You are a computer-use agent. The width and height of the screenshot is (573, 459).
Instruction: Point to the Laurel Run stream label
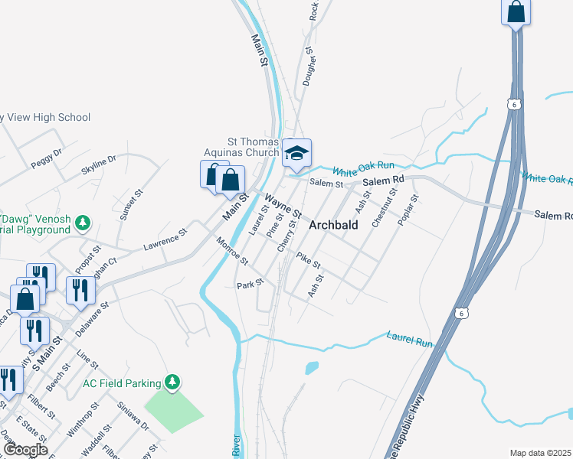pyautogui.click(x=409, y=339)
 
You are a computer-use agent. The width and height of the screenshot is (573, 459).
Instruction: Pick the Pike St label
pyautogui.click(x=308, y=261)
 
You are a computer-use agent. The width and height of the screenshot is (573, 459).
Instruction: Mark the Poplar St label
pyautogui.click(x=408, y=210)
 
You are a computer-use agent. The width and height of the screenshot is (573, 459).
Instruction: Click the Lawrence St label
pyautogui.click(x=165, y=240)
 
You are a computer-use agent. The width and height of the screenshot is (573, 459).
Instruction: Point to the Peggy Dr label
pyautogui.click(x=46, y=159)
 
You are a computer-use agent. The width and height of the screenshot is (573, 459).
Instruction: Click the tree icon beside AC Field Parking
pyautogui.click(x=173, y=382)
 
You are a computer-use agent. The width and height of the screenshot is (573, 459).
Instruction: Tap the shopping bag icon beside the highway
pyautogui.click(x=516, y=12)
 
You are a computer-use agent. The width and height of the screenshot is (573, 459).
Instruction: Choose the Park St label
pyautogui.click(x=250, y=284)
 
